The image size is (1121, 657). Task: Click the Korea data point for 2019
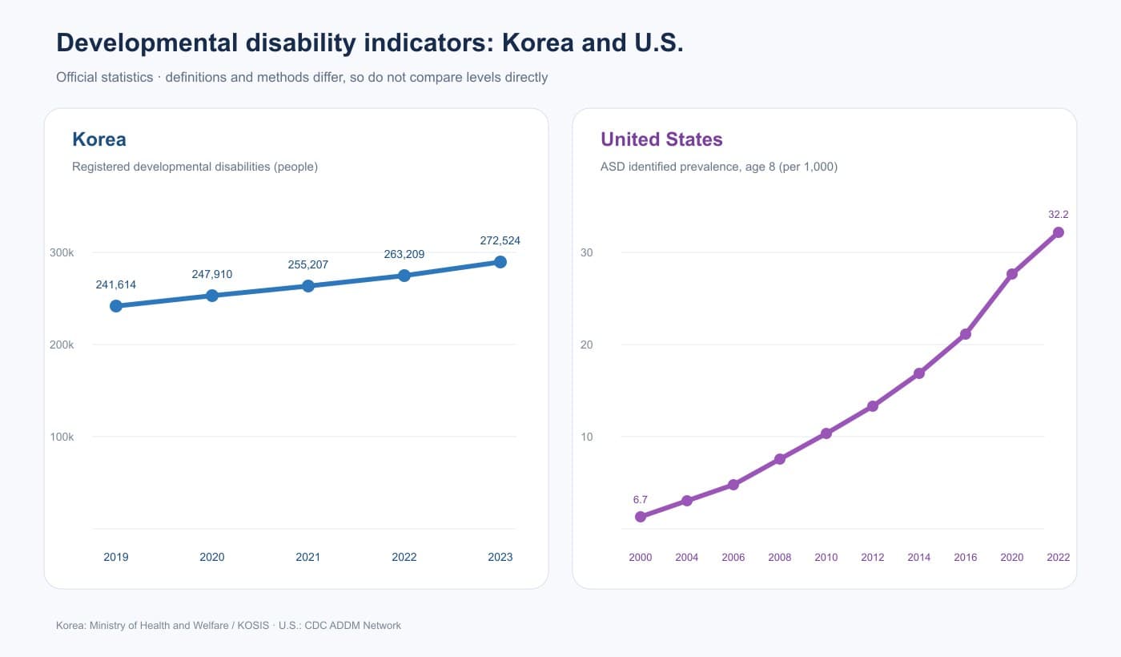(115, 305)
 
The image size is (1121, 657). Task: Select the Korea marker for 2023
(500, 262)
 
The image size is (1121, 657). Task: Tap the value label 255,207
(307, 264)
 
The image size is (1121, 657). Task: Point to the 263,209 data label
(404, 254)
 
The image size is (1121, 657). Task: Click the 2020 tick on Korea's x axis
(211, 557)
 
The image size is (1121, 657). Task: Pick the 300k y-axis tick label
(62, 252)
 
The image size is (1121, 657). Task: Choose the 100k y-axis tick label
(62, 437)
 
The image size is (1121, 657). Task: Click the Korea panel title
(99, 139)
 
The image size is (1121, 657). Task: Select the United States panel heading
(661, 139)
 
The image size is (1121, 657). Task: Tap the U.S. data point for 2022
(1058, 232)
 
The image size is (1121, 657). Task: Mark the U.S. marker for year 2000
(640, 516)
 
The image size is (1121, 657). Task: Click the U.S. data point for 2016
(966, 333)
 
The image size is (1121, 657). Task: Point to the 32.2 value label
(1058, 215)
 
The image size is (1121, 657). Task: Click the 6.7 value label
(640, 499)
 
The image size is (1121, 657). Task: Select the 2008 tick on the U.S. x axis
(779, 557)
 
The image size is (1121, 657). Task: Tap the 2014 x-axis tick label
(919, 557)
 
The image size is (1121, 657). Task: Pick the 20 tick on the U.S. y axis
(586, 345)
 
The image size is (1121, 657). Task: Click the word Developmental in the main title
(147, 42)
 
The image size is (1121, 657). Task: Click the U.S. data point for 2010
(826, 433)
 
